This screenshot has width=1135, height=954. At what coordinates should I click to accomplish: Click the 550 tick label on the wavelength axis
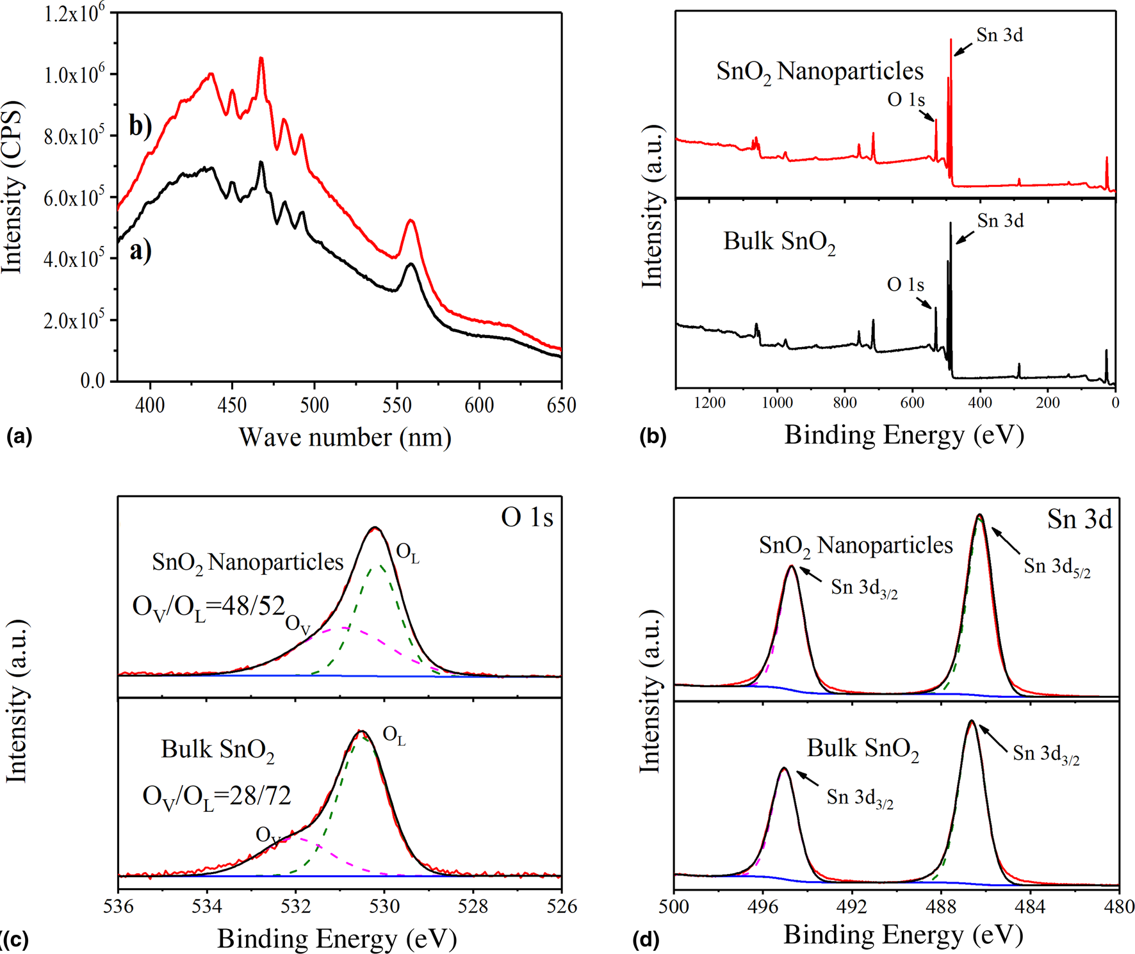(396, 405)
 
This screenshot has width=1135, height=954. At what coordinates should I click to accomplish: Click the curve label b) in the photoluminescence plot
(140, 125)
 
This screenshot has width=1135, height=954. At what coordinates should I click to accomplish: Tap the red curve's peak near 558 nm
(411, 220)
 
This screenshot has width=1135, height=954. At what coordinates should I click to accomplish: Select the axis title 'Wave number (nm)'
(345, 438)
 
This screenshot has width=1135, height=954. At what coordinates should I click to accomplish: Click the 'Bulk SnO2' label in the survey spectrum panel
(779, 242)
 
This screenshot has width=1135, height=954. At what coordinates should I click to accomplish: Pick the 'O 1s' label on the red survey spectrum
(906, 100)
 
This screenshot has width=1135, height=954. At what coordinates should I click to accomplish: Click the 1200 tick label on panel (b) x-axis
(710, 403)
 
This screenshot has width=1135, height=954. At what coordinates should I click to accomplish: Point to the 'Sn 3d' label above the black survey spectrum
(1000, 221)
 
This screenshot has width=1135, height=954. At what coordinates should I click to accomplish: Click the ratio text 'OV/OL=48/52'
(209, 606)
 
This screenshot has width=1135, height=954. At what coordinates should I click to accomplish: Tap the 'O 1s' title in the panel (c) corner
(527, 517)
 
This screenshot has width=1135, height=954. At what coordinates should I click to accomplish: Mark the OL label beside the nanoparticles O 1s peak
(408, 553)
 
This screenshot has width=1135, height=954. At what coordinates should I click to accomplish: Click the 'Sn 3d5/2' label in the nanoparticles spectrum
(1056, 567)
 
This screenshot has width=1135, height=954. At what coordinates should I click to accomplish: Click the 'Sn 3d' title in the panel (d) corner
(1079, 519)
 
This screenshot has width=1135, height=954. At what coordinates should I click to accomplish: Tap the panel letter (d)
(646, 939)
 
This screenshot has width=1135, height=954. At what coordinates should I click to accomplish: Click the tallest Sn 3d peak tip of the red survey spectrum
(951, 40)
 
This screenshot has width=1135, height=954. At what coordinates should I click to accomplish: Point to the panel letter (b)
(653, 437)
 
